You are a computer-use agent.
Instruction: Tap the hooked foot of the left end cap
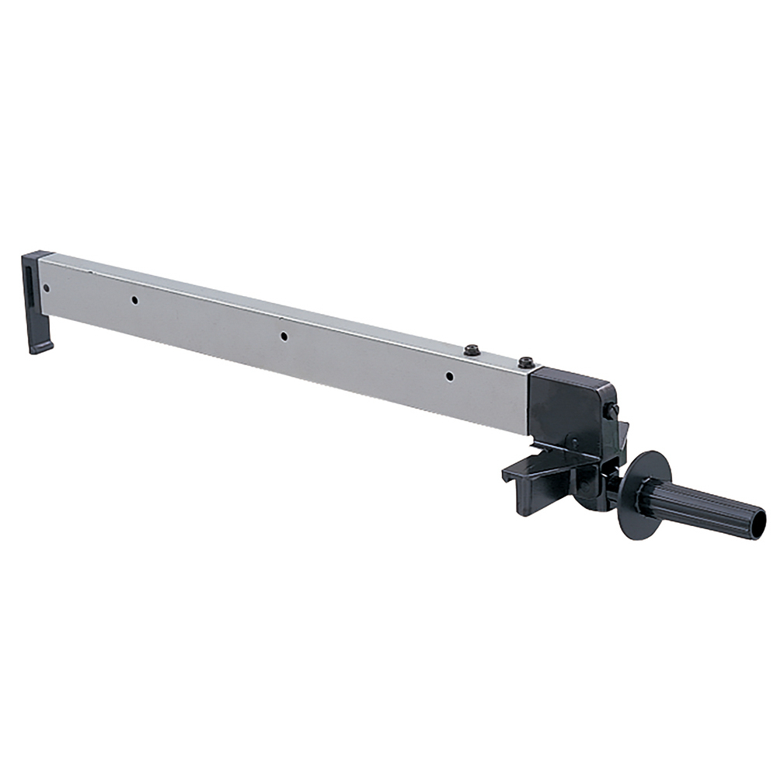[x=40, y=343]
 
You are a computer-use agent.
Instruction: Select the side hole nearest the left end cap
[x=46, y=288]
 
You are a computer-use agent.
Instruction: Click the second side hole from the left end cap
[x=134, y=300]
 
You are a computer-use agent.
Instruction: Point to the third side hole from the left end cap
[x=284, y=336]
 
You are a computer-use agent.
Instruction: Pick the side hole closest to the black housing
[x=449, y=377]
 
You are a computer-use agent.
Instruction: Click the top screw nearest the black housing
[x=526, y=362]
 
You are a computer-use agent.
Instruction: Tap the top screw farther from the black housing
[x=472, y=350]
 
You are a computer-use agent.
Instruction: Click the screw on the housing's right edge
[x=613, y=409]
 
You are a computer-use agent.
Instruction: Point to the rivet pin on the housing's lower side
[x=573, y=443]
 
